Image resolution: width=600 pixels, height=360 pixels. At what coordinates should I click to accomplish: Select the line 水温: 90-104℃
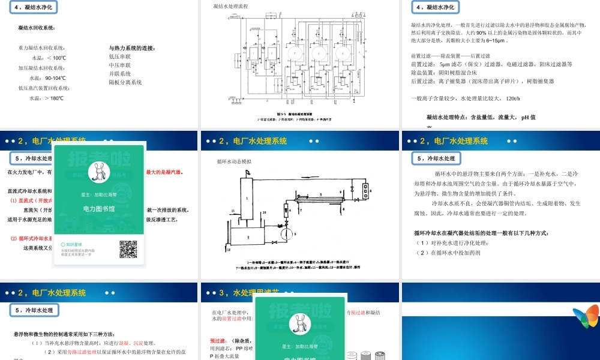pyautogui.click(x=49, y=78)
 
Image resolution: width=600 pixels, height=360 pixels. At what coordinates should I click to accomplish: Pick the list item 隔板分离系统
pyautogui.click(x=125, y=83)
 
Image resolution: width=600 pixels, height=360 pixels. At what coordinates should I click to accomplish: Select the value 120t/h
pyautogui.click(x=513, y=98)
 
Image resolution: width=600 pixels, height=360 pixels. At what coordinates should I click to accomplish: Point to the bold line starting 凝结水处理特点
pyautogui.click(x=481, y=117)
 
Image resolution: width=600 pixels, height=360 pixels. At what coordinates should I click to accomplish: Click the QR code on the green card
pyautogui.click(x=128, y=249)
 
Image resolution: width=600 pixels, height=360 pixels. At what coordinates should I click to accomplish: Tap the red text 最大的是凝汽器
pyautogui.click(x=164, y=172)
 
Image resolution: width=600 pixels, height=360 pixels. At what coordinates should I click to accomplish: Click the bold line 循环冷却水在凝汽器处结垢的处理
pyautogui.click(x=481, y=233)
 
